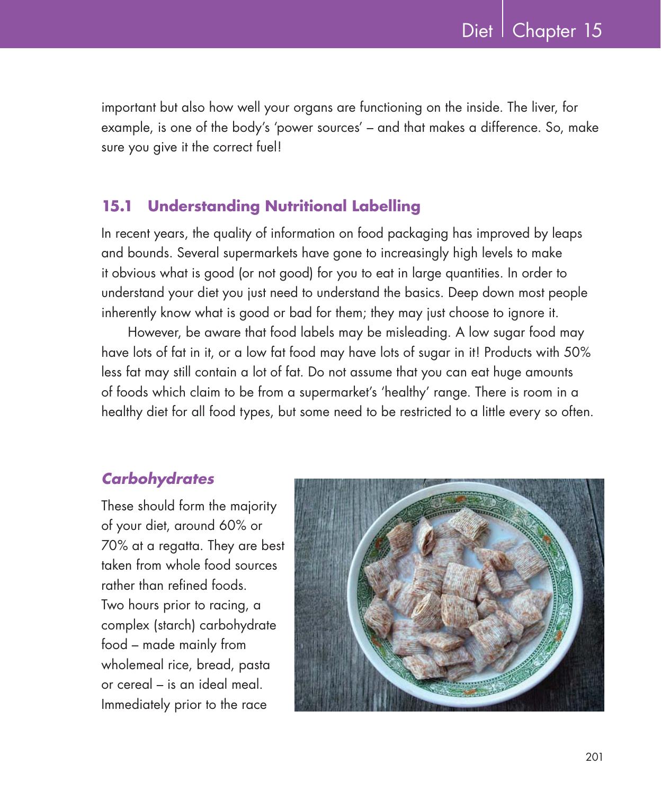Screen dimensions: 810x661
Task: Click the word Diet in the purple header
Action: (477, 31)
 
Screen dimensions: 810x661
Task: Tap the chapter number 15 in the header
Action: (593, 31)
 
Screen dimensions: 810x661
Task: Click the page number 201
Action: (594, 757)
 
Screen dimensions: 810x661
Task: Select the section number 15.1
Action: (117, 206)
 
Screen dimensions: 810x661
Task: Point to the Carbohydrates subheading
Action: (158, 479)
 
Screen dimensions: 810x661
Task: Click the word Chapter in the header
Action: (544, 31)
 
